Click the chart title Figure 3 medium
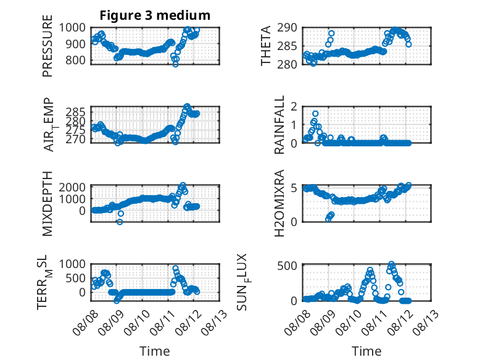[155, 15]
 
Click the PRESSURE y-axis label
[48, 46]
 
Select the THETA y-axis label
[266, 46]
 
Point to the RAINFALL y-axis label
[279, 125]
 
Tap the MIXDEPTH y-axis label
[48, 204]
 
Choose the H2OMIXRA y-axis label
[279, 203]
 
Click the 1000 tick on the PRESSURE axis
[72, 28]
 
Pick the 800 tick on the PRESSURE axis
[75, 61]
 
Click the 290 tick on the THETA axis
[287, 28]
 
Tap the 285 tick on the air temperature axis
[75, 112]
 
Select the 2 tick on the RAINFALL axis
[294, 107]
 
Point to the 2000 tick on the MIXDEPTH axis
[72, 187]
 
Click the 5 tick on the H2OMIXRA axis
[294, 188]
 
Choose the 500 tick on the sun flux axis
[287, 266]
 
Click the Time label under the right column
[366, 351]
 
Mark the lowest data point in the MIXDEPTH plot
[120, 222]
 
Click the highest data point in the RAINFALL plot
[315, 114]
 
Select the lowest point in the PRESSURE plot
[175, 64]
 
